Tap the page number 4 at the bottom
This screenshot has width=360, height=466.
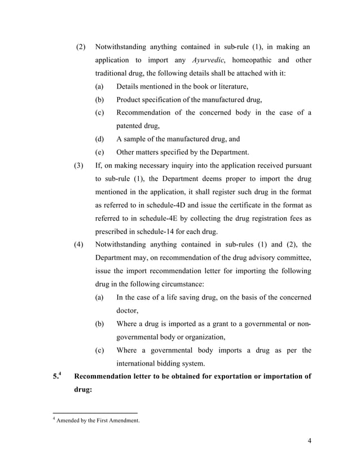pyautogui.click(x=310, y=441)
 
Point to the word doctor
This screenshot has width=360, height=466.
pyautogui.click(x=127, y=310)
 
